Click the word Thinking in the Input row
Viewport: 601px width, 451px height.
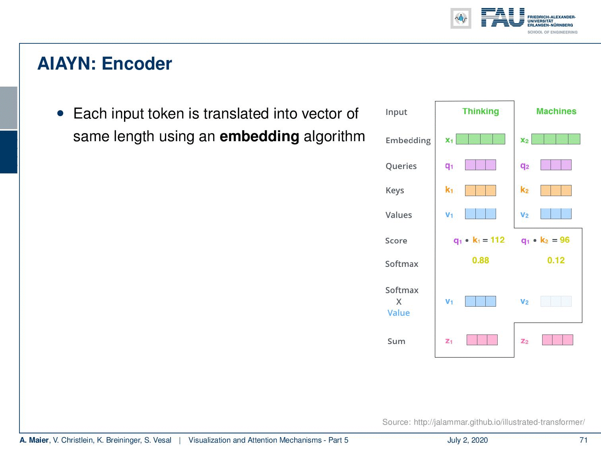(481, 111)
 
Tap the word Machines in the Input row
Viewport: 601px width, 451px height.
(556, 111)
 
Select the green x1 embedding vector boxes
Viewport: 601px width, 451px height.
(480, 139)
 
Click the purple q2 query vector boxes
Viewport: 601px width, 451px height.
(556, 165)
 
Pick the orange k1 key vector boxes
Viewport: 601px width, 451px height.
(480, 191)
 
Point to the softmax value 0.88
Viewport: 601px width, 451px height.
(481, 260)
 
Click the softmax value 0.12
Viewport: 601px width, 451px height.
(556, 260)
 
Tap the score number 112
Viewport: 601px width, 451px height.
(498, 240)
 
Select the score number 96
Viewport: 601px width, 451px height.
(564, 240)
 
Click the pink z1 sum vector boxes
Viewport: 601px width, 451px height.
(482, 340)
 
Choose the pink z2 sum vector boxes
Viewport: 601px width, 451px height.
(557, 340)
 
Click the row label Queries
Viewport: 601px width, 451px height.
(401, 166)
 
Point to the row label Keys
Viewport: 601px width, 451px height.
(395, 191)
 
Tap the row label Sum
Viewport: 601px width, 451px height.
(396, 341)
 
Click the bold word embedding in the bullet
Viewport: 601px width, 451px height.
(259, 136)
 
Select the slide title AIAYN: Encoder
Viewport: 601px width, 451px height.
(105, 64)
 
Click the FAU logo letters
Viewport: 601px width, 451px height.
(503, 17)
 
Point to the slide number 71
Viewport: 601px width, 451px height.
(584, 440)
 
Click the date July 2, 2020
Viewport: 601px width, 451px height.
(467, 440)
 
